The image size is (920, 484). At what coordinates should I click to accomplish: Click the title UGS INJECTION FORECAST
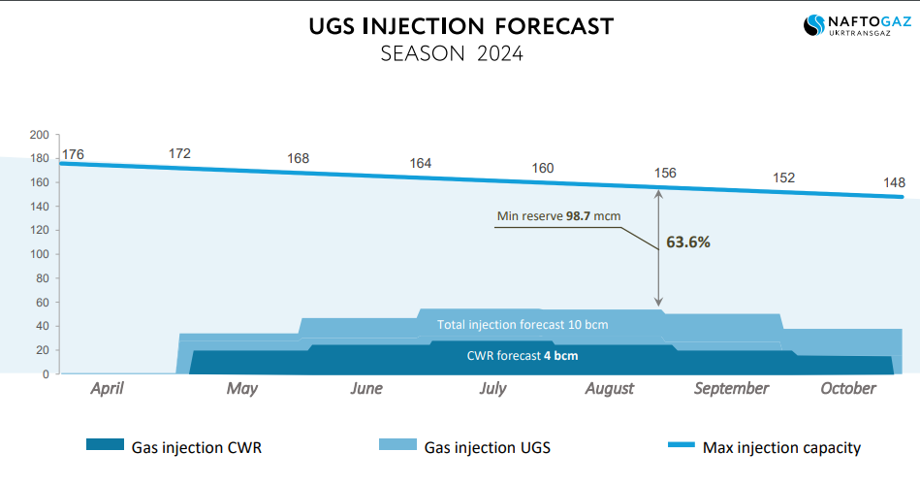point(460,25)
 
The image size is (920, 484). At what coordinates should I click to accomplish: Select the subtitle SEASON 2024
point(452,54)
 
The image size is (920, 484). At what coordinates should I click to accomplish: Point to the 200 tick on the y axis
point(39,135)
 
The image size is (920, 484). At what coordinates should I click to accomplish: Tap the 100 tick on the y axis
point(39,254)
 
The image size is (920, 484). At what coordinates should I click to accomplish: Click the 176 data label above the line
point(74,154)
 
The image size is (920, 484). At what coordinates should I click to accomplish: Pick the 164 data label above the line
point(420,163)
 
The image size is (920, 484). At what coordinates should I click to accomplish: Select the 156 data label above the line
point(665,173)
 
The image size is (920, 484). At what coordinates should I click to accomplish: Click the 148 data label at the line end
point(894,181)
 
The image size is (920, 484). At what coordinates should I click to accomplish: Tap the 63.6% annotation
point(688,242)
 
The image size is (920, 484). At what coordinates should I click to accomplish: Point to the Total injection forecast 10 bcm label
point(523,324)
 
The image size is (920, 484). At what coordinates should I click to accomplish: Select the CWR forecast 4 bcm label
point(523,355)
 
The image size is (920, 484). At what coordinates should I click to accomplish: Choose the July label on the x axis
point(492,389)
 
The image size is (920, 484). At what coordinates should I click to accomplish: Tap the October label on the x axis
point(848,388)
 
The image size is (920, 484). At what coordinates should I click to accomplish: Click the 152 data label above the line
point(783,177)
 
